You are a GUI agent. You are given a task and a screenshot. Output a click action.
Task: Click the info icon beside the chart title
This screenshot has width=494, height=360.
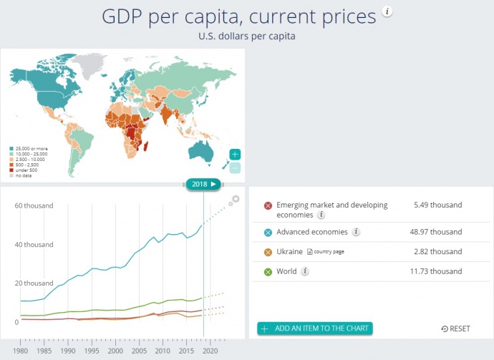[387, 12]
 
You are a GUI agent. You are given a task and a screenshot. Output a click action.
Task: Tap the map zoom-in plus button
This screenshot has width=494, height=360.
[236, 155]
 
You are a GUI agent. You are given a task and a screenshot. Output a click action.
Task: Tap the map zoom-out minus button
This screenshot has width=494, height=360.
[236, 168]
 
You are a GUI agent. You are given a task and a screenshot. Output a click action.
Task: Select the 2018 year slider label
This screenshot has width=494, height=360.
[203, 184]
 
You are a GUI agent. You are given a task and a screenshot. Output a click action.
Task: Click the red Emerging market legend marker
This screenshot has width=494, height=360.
[268, 206]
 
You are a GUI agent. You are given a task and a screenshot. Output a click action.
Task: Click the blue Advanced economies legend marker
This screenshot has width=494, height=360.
[268, 232]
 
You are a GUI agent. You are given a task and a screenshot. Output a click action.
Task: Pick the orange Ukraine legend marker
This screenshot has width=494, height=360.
[268, 252]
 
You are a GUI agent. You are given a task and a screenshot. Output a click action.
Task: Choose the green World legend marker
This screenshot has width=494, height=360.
[268, 271]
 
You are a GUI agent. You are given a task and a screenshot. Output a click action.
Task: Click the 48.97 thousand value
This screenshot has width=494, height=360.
[437, 232]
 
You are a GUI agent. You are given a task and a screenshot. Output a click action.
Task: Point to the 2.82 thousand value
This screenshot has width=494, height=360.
[437, 252]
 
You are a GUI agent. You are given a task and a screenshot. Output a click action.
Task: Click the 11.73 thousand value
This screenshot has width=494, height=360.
[437, 271]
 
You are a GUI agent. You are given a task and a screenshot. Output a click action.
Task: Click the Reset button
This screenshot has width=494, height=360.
[456, 329]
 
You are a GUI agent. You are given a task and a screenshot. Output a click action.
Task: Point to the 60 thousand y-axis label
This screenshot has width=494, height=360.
[34, 206]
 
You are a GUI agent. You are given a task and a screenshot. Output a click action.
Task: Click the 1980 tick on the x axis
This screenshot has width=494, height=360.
[21, 351]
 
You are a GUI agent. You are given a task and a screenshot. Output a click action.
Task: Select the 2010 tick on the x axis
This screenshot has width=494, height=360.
[162, 351]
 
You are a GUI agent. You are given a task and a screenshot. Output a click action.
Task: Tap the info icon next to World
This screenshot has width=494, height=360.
[305, 271]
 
